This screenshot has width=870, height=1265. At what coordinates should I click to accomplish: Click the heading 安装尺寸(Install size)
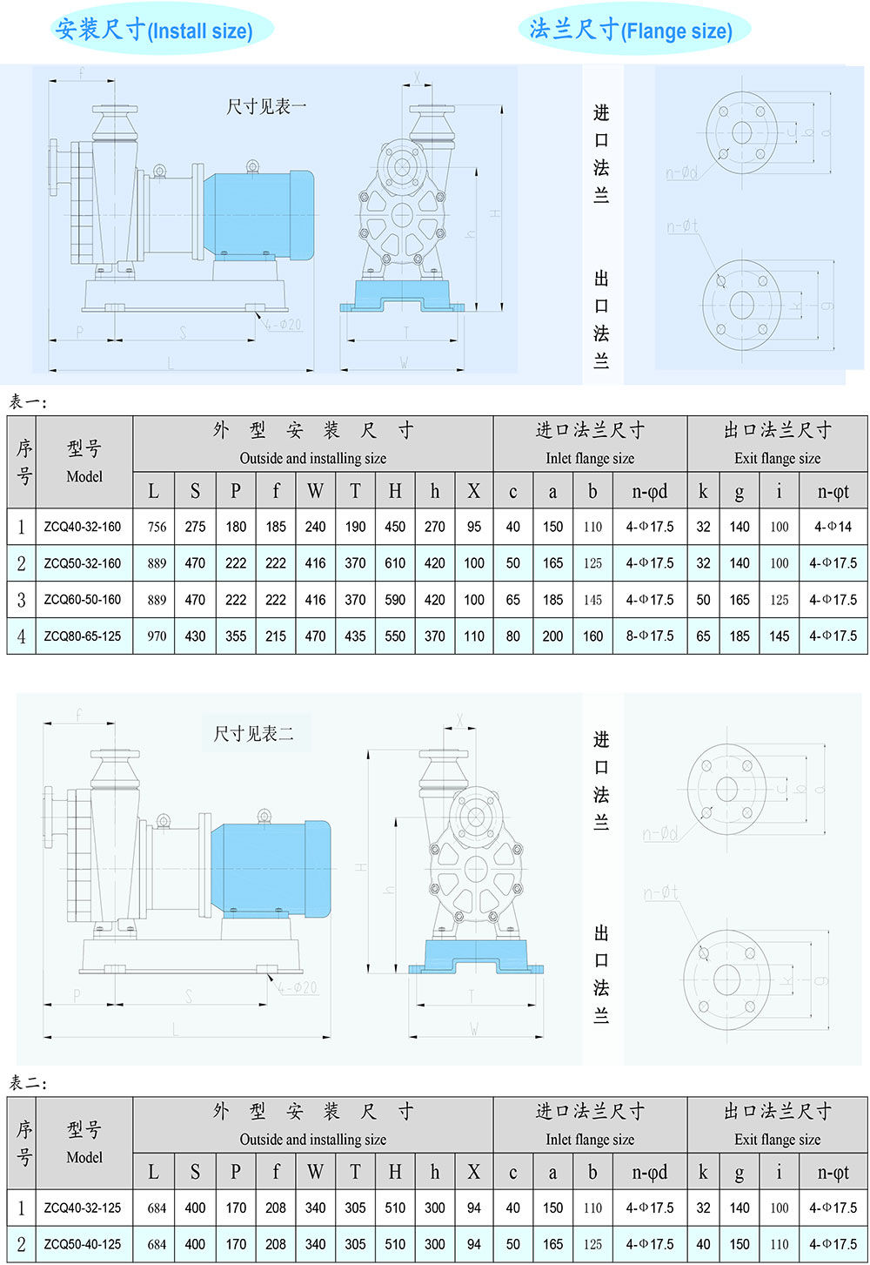coord(154,30)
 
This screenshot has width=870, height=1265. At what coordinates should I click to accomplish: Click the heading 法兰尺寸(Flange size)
coord(631,30)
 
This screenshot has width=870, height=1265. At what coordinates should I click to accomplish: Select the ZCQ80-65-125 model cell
coord(83,636)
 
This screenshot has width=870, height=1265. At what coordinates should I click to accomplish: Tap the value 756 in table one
coord(157,527)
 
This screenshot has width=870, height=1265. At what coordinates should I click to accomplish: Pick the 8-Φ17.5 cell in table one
coord(650,636)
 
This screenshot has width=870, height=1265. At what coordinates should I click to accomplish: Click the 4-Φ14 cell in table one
coord(833,527)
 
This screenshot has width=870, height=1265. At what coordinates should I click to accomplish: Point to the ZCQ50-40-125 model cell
coord(83,1244)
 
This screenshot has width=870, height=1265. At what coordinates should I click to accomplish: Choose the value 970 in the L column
coord(157,636)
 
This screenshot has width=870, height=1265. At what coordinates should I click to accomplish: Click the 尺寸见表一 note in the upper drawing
coord(266,107)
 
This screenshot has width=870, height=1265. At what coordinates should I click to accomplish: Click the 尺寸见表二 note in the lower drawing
coord(254,734)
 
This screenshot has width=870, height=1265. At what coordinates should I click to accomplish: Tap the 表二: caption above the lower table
coord(29,1083)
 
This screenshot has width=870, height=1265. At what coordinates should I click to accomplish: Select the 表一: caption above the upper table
coord(29,401)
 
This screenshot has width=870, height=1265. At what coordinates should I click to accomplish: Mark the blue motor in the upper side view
coord(258,214)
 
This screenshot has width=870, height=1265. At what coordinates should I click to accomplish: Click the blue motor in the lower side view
coord(271,868)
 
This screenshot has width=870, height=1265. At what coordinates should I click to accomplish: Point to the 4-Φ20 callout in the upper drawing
coord(284,325)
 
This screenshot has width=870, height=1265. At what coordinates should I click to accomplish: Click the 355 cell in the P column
coord(236,636)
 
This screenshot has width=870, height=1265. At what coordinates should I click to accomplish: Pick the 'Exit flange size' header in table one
coord(777,459)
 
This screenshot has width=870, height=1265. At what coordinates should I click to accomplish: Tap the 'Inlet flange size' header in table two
coord(590,1140)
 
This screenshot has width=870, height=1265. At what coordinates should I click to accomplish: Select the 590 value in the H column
coord(395,600)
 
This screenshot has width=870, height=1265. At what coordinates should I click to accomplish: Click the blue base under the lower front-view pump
coord(476,958)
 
